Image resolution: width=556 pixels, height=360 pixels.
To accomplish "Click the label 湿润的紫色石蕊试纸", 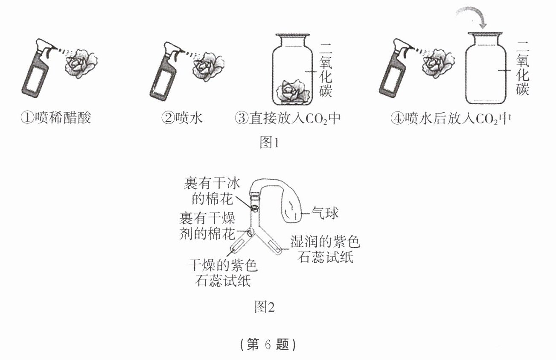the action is (x=326, y=250).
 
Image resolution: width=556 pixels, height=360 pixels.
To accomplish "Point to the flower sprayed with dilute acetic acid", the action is (x=82, y=64).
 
